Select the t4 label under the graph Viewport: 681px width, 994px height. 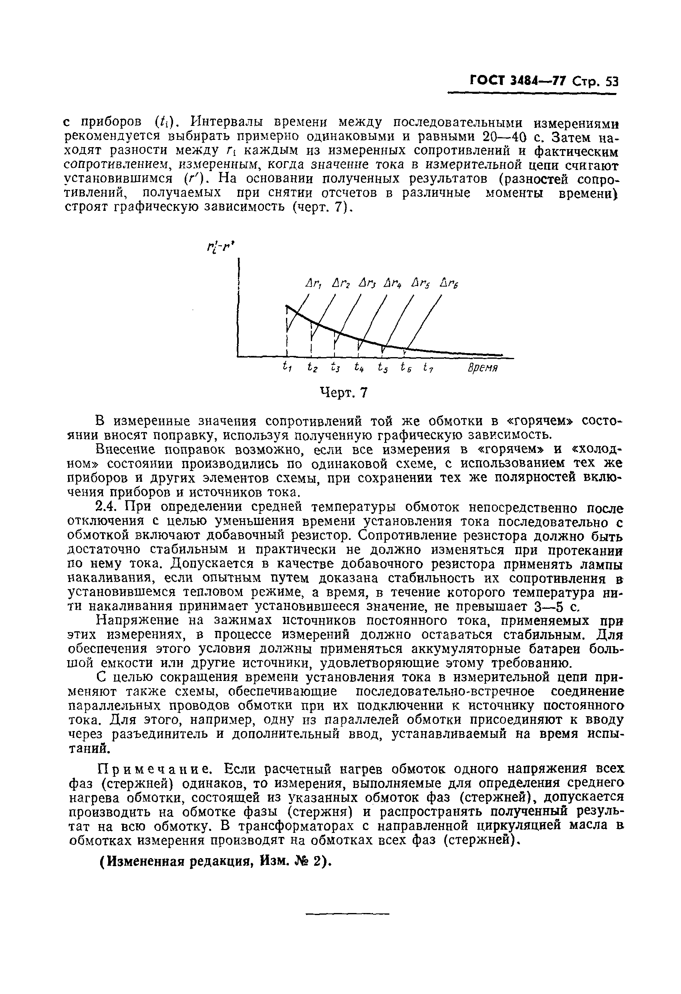359,367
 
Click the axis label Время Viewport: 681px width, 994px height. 482,368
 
